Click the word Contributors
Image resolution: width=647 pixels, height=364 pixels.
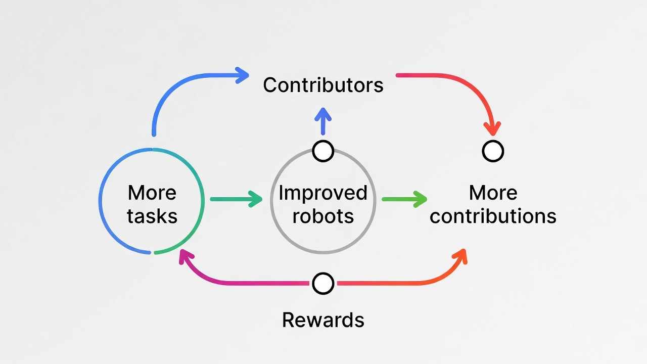(x=323, y=85)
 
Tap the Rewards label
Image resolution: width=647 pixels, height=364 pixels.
(x=323, y=320)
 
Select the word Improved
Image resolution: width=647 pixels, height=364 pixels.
(x=323, y=193)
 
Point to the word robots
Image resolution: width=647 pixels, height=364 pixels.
(x=323, y=216)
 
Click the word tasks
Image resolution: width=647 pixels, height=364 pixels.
(x=152, y=216)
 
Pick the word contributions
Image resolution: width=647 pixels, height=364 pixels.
(x=493, y=216)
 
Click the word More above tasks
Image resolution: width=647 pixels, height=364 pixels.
(x=152, y=193)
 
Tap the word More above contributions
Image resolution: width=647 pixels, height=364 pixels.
(x=493, y=193)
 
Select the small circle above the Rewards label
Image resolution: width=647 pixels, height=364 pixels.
(x=323, y=284)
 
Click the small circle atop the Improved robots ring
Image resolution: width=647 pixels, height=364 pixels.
(x=323, y=151)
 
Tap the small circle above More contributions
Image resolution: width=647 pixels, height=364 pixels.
(x=493, y=151)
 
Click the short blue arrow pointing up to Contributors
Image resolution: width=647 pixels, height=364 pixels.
(x=323, y=121)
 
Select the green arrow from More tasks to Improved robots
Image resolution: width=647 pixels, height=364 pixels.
(x=236, y=199)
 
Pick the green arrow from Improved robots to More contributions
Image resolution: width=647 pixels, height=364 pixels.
(x=404, y=199)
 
